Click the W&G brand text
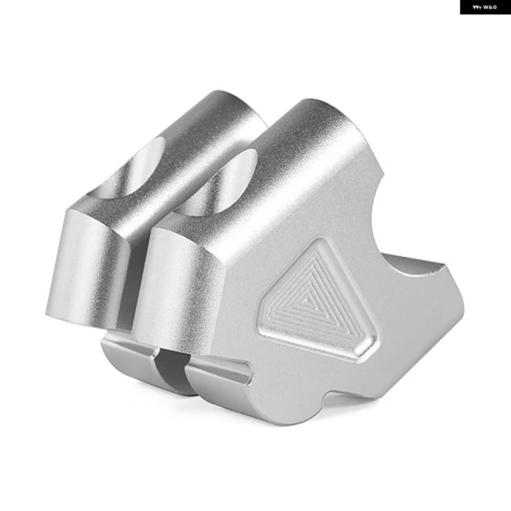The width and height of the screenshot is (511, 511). coord(490,7)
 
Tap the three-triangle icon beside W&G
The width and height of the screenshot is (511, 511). coord(477,7)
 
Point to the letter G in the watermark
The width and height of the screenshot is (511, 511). coord(495,7)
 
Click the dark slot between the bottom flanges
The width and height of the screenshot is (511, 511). coord(172,368)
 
